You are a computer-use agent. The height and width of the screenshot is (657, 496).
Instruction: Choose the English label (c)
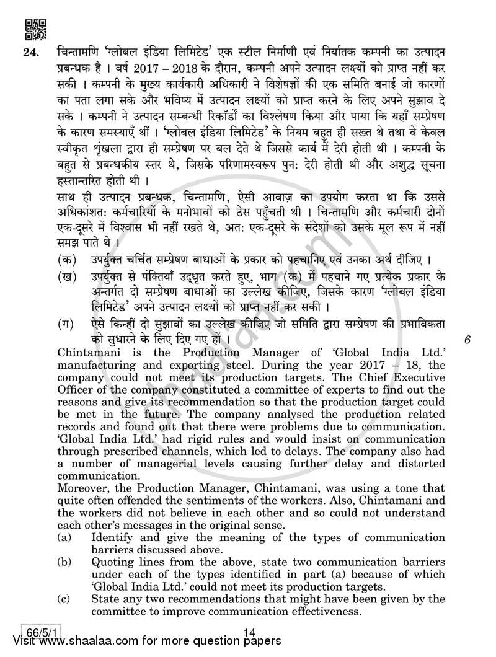[x=64, y=599]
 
